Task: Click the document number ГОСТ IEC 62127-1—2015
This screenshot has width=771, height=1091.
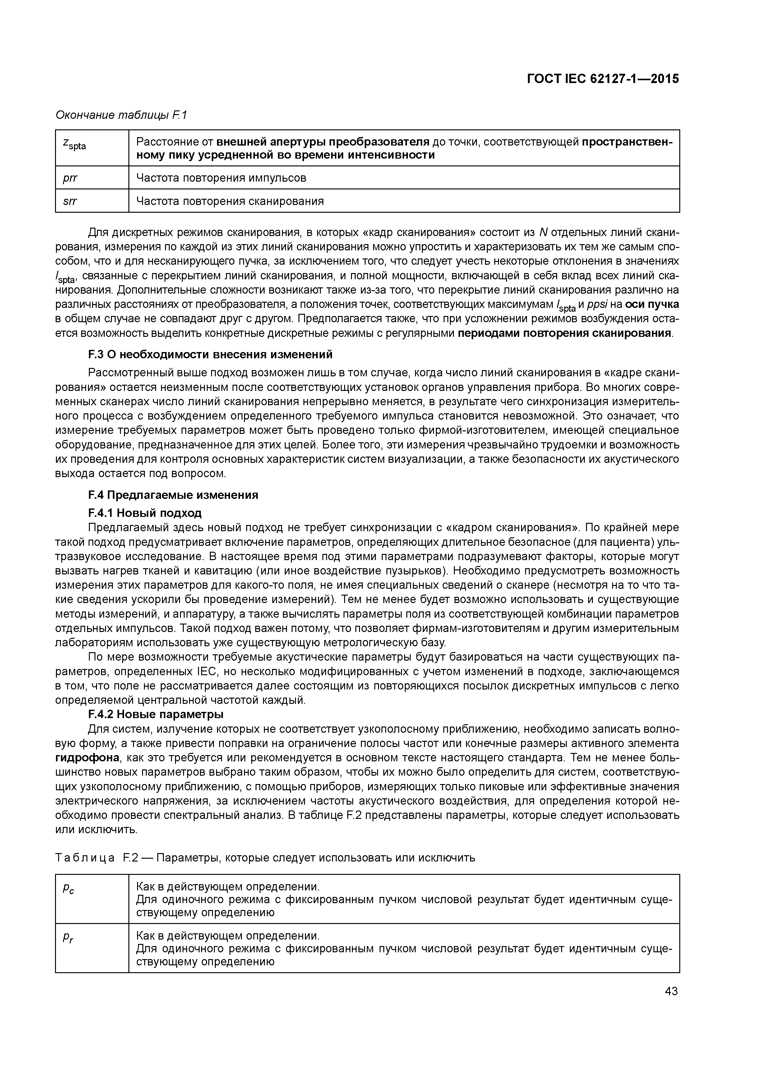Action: (603, 79)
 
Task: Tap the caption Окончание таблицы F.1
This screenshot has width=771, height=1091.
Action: (122, 115)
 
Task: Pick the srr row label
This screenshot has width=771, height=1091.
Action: (70, 201)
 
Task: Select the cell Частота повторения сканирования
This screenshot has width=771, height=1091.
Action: (230, 201)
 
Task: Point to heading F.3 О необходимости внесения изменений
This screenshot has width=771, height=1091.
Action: (210, 355)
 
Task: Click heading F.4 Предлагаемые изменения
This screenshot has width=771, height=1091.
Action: (173, 495)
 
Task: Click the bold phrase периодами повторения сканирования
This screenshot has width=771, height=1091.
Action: (565, 333)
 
